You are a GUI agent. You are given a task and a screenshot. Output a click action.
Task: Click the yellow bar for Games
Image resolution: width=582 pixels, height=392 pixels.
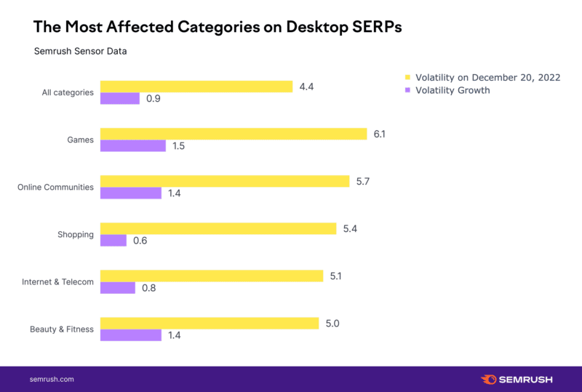pos(233,134)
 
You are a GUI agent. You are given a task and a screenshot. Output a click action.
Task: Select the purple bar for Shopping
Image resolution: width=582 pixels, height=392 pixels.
pos(113,240)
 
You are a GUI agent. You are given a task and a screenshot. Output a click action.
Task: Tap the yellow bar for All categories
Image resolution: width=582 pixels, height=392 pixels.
pos(196,87)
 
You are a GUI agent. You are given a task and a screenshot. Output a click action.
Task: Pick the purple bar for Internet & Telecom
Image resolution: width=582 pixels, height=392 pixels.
pos(117,287)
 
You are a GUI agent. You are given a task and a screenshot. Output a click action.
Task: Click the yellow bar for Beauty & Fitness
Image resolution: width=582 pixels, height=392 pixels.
pos(209,323)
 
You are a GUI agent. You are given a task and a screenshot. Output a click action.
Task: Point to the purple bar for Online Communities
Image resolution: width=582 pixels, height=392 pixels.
pos(130,193)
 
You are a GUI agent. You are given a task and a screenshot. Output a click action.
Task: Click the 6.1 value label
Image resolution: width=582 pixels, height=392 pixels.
pos(380,134)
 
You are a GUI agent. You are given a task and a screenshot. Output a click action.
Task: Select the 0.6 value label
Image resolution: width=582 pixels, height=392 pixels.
pos(140,241)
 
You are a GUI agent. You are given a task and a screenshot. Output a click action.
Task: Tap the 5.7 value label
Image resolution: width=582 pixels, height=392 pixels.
pos(362,181)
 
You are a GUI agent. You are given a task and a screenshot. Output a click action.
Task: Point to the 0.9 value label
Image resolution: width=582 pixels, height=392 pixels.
pos(153,99)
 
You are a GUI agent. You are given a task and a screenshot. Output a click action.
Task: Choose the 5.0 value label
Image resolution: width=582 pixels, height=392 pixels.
pos(332,323)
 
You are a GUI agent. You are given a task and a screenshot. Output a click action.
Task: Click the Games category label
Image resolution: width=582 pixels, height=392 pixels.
pos(81,140)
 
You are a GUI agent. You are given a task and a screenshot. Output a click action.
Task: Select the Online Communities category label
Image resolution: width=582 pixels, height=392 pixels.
pos(55,187)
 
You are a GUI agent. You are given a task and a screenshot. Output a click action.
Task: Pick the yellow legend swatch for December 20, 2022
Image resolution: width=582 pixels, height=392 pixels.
pos(408,77)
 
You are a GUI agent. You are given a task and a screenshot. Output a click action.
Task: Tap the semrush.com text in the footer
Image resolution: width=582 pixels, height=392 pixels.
pos(52,379)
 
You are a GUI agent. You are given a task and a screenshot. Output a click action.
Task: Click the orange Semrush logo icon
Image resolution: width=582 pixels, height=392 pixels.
pos(489,379)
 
